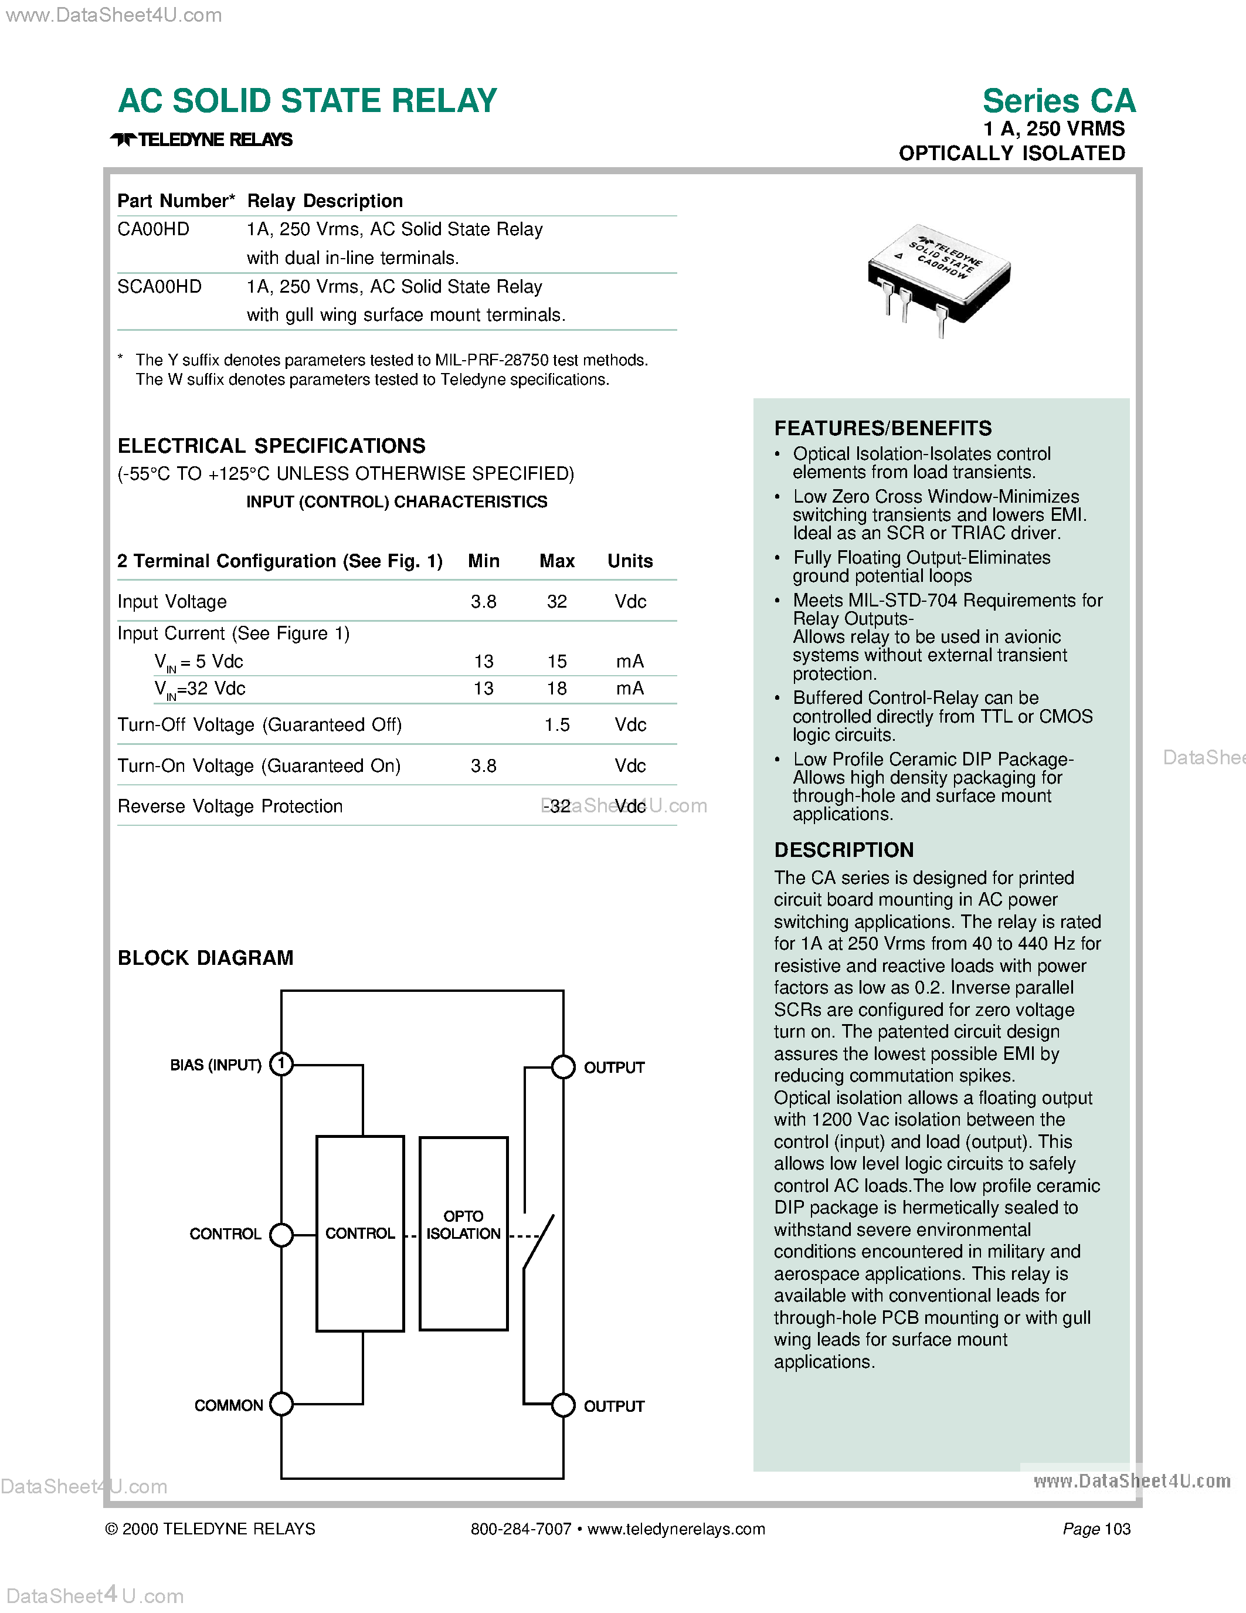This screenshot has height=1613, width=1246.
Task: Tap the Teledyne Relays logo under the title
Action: pos(202,140)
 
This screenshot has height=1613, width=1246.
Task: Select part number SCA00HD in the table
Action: pos(159,287)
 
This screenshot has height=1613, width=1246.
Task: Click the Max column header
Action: pos(556,561)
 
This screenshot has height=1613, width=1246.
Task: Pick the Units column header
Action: pos(630,561)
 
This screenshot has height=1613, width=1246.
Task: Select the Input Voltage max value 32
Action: pos(556,601)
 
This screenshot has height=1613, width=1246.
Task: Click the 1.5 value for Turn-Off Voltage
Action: pos(556,724)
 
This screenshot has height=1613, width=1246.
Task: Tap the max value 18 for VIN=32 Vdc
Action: pos(556,689)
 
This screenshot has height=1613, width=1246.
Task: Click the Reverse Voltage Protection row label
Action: pos(230,806)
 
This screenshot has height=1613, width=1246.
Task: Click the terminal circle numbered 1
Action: pos(281,1064)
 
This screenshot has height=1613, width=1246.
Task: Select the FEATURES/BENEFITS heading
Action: pos(883,428)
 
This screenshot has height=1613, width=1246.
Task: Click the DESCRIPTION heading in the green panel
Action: pos(844,850)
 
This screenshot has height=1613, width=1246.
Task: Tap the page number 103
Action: pos(1118,1529)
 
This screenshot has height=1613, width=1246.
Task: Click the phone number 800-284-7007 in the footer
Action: pos(521,1529)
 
